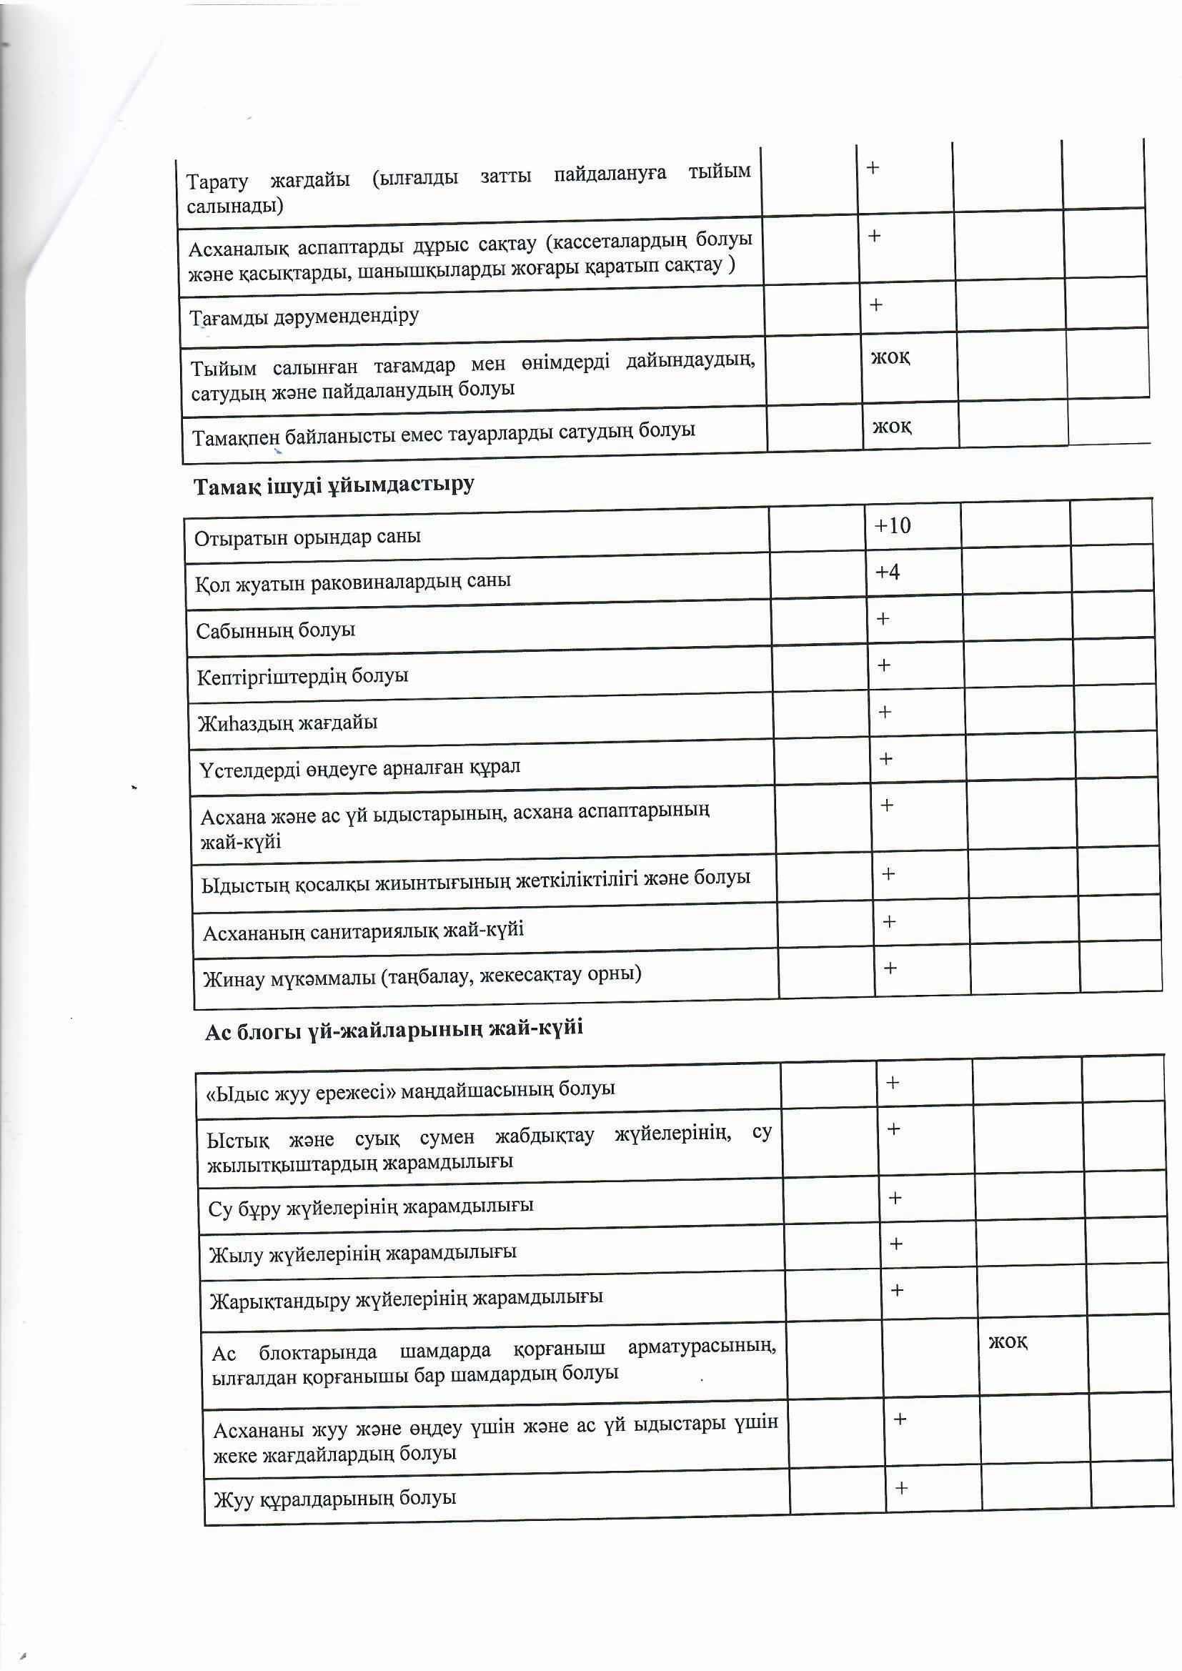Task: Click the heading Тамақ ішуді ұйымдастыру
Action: (x=334, y=486)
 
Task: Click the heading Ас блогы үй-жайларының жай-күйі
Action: (x=394, y=1029)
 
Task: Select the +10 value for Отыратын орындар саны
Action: (x=893, y=525)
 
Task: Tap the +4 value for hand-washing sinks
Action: (x=888, y=572)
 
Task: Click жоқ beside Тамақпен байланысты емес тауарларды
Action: (x=893, y=427)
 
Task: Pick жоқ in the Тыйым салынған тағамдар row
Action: (x=891, y=357)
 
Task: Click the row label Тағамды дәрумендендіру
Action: (x=304, y=317)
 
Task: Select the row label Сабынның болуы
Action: (x=276, y=630)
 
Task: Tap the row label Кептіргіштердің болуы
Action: (x=303, y=676)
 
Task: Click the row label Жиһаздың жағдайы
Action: (x=288, y=723)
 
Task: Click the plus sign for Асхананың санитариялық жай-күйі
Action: (x=889, y=922)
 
